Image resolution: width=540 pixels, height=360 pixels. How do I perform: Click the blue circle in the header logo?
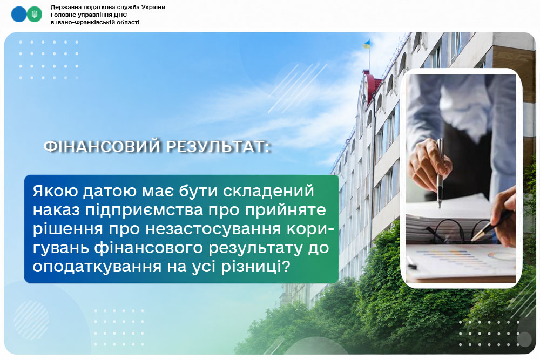tap(18, 15)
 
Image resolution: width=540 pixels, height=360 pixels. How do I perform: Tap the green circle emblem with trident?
tap(35, 15)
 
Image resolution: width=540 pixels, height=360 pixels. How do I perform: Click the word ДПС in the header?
tap(121, 15)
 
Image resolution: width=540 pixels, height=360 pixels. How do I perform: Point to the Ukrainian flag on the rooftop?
tap(366, 44)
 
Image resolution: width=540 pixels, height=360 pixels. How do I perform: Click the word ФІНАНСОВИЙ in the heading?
tap(103, 147)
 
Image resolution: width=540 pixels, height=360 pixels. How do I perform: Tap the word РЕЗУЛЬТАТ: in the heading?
tap(218, 147)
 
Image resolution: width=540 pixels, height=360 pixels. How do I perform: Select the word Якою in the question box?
tap(55, 191)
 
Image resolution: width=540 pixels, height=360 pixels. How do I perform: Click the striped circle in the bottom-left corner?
tap(31, 320)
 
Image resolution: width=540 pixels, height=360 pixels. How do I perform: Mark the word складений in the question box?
tap(268, 192)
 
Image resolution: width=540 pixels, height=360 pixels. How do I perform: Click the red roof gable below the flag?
tap(373, 86)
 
